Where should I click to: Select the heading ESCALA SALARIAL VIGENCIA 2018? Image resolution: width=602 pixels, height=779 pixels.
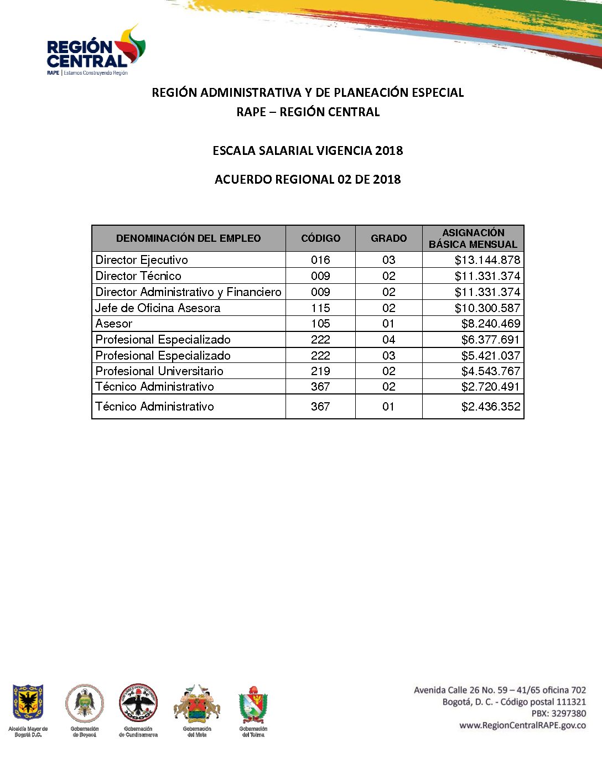coord(308,150)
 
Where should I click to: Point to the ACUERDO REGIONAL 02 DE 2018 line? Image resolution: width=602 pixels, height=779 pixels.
coord(308,179)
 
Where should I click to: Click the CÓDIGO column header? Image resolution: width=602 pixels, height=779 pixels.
coord(320,238)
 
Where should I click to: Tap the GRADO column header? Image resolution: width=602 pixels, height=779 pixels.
coord(388,238)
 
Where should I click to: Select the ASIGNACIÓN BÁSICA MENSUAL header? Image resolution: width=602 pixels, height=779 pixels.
coord(473,238)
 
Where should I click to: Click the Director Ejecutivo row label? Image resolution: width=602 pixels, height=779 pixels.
coord(142,260)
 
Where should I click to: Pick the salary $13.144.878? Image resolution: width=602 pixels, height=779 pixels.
coord(487,260)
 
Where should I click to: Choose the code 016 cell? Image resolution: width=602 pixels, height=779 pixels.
coord(320,260)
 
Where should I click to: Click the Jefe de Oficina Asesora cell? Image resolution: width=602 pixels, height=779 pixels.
coord(158,308)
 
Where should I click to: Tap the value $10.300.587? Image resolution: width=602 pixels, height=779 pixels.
coord(487,308)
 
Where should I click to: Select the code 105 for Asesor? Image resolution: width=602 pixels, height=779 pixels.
coord(320,324)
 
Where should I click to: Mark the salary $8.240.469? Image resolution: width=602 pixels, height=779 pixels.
coord(490,324)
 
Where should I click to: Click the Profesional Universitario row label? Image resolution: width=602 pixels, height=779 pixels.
coord(159,371)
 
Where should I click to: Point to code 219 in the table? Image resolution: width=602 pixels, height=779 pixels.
coord(320,371)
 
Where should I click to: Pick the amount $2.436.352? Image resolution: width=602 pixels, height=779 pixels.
coord(490,407)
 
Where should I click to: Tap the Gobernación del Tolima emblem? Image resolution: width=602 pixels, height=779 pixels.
coord(253,705)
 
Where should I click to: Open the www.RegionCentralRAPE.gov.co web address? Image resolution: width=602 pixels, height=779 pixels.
coord(522,725)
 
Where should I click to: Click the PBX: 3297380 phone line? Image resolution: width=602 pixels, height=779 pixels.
coord(558,714)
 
